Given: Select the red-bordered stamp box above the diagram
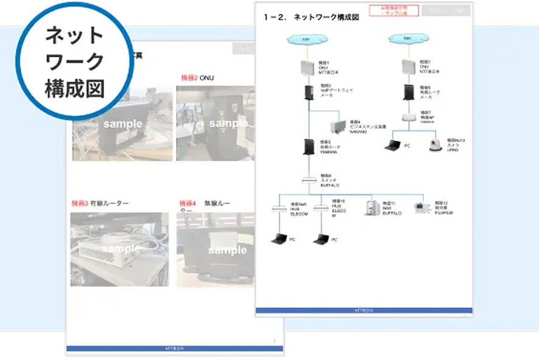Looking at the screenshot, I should pos(399,10).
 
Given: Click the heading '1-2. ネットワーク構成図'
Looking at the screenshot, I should pos(311,18).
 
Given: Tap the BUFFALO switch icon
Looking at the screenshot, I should pos(308,181).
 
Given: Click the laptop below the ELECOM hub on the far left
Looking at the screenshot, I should pos(280,239).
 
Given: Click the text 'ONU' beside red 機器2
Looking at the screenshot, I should pos(207,78).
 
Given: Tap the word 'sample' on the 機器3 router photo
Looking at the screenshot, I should pos(122,249).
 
